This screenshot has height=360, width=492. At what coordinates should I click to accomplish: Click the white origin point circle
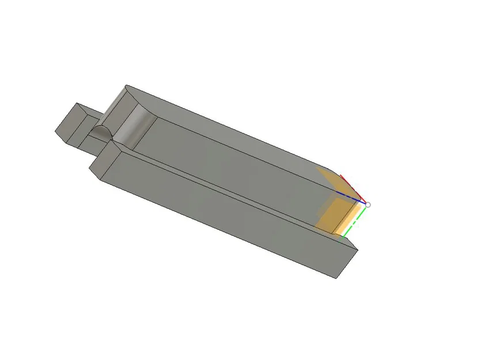pyautogui.click(x=368, y=204)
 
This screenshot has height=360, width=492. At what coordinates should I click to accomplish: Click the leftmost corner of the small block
pyautogui.click(x=55, y=132)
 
